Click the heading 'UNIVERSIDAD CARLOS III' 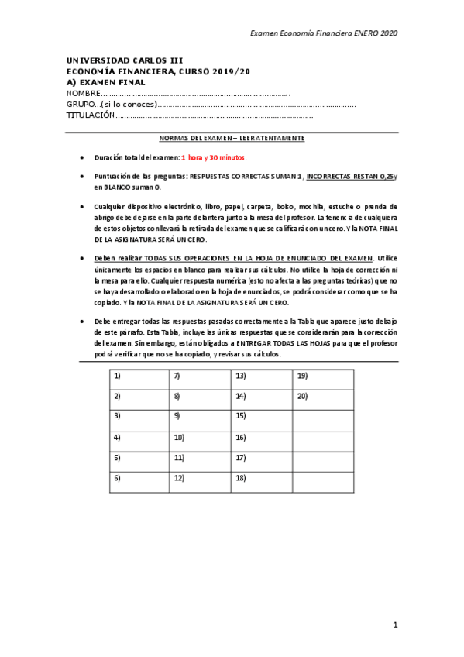tap(125, 60)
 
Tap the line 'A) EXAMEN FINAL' tap(106, 82)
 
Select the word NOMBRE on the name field tap(84, 94)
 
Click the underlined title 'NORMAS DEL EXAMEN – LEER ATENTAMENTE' tap(232, 138)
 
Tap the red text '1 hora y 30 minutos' tap(214, 157)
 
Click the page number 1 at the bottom tap(394, 624)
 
